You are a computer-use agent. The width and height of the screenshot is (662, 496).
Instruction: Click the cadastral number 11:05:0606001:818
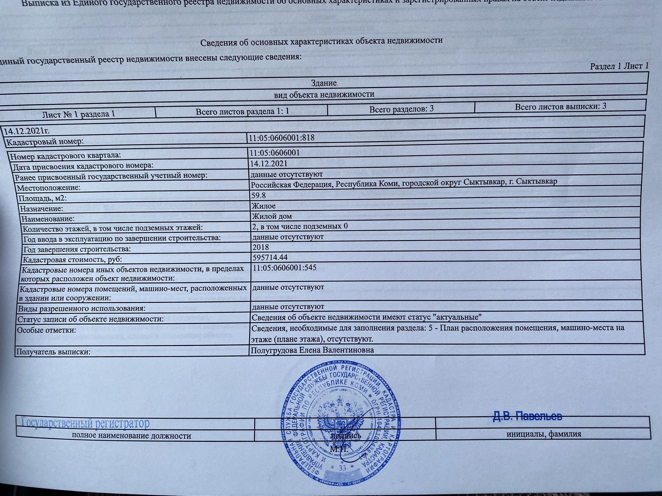[282, 138]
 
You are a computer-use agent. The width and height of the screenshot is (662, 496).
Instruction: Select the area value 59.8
[258, 195]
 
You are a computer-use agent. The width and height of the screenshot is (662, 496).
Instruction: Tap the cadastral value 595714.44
[270, 257]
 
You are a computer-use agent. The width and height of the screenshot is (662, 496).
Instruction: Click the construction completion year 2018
[260, 247]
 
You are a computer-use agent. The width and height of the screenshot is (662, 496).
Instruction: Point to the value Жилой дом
[272, 216]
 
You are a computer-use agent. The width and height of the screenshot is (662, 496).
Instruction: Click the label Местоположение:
[49, 188]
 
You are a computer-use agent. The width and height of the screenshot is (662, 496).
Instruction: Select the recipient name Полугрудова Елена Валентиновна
[312, 350]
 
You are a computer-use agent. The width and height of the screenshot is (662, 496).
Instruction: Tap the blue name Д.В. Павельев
[527, 416]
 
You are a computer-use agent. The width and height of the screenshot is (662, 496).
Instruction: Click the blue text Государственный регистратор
[86, 423]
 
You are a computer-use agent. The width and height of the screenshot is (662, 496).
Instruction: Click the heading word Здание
[324, 83]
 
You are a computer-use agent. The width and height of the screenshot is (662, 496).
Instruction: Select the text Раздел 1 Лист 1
[619, 66]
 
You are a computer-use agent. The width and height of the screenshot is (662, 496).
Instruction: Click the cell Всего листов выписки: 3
[560, 107]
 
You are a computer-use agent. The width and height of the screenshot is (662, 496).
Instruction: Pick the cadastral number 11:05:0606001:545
[284, 268]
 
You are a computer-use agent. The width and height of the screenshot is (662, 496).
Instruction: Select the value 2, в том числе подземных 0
[300, 226]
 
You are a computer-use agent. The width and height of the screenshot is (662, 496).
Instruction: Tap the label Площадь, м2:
[42, 198]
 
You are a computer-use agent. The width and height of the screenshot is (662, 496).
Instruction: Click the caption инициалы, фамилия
[543, 434]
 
